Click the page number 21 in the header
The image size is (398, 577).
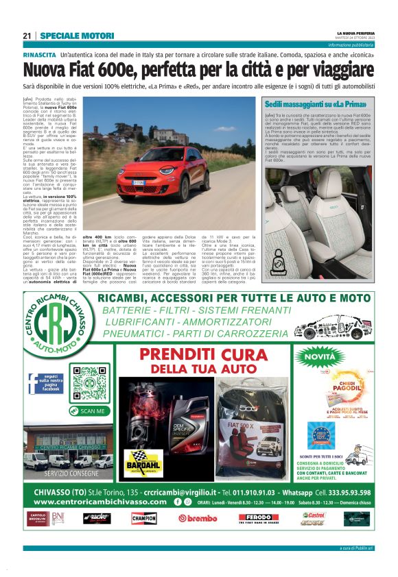click(x=27, y=36)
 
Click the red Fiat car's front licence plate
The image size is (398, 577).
click(x=158, y=182)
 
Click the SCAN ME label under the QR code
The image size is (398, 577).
click(x=89, y=410)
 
